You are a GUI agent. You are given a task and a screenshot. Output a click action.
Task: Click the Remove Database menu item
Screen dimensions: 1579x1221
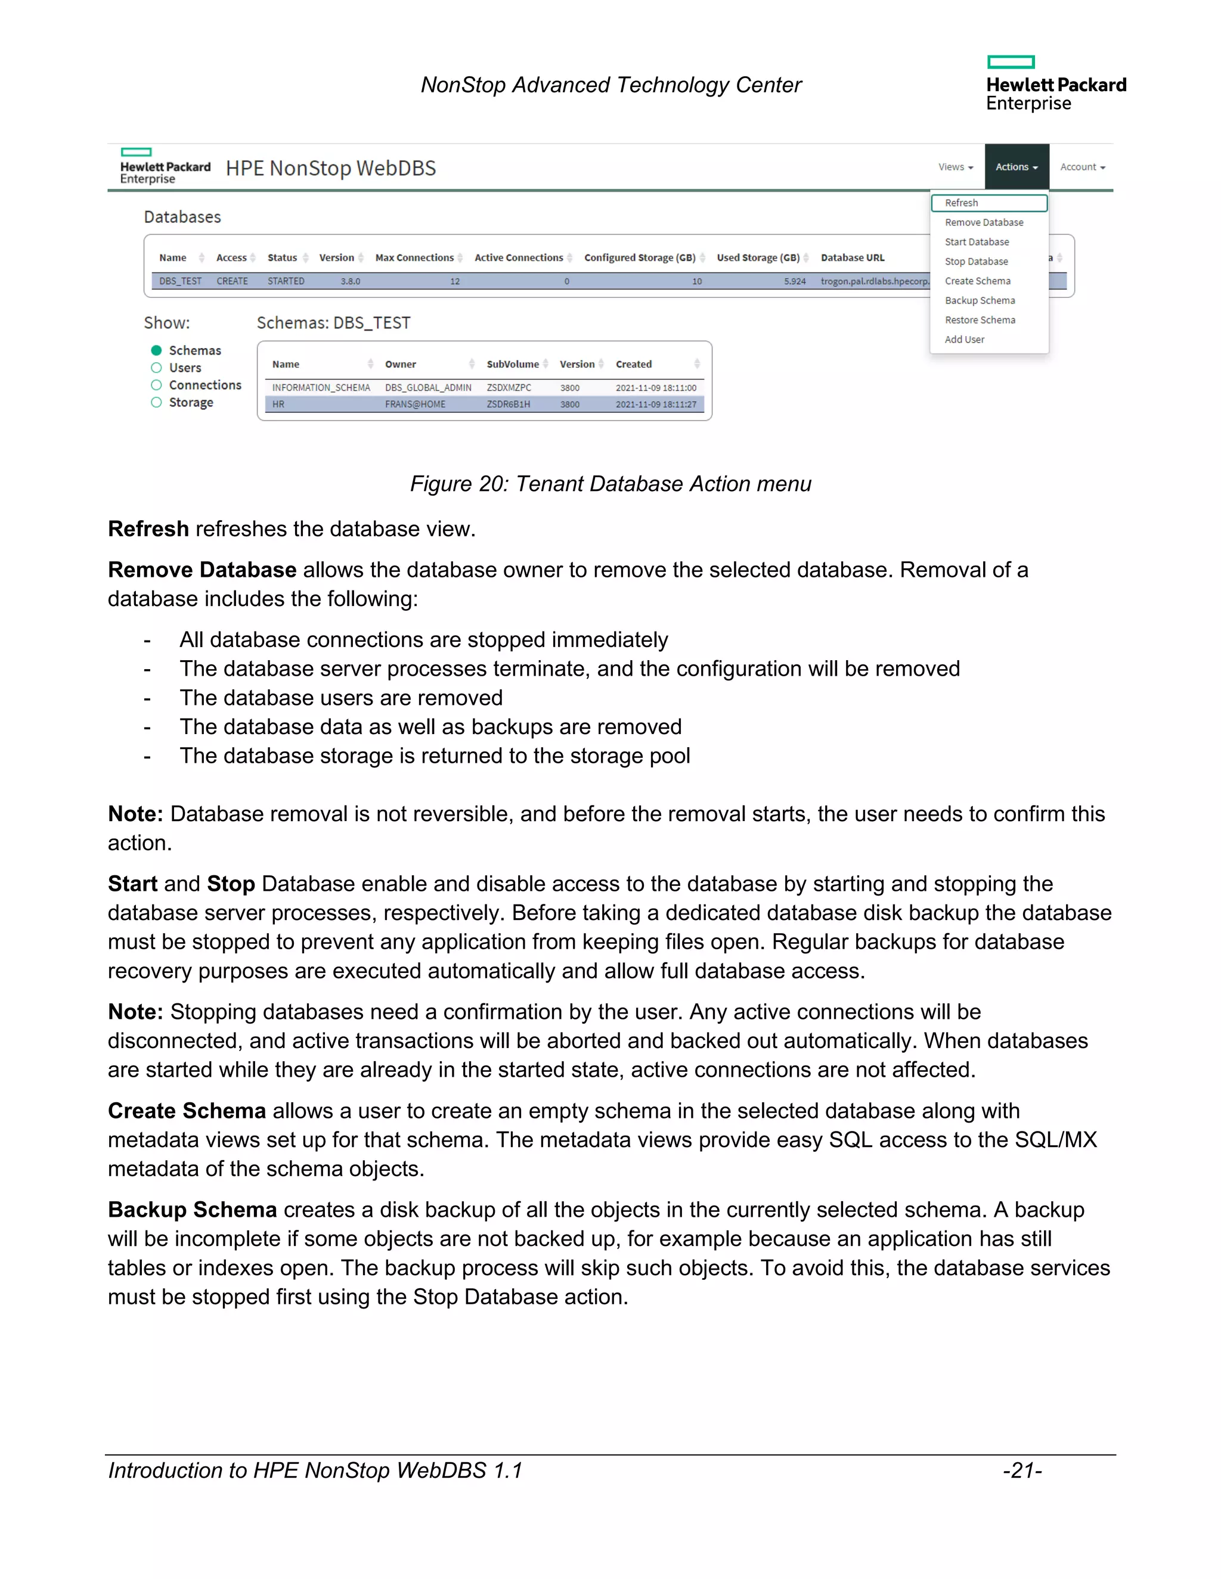pyautogui.click(x=983, y=223)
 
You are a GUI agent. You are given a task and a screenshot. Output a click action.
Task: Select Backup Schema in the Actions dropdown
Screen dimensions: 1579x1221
pyautogui.click(x=980, y=301)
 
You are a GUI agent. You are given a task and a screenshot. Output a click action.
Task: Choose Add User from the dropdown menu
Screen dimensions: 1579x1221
pyautogui.click(x=963, y=340)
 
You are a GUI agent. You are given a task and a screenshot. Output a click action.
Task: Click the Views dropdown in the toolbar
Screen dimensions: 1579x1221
pyautogui.click(x=955, y=167)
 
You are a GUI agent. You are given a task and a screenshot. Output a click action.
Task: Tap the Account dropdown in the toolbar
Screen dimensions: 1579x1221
pyautogui.click(x=1082, y=167)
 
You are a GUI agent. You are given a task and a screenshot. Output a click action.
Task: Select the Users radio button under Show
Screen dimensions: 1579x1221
pyautogui.click(x=156, y=368)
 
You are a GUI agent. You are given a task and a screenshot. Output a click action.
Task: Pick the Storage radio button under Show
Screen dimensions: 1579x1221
pyautogui.click(x=156, y=403)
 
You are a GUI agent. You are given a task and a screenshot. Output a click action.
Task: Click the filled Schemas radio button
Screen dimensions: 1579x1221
pyautogui.click(x=156, y=350)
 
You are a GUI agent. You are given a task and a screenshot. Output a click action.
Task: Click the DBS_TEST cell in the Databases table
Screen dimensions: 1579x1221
pyautogui.click(x=180, y=281)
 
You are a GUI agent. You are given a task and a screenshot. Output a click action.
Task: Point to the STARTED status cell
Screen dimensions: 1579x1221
pyautogui.click(x=286, y=281)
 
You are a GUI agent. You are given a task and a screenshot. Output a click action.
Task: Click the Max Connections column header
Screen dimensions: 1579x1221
pyautogui.click(x=414, y=258)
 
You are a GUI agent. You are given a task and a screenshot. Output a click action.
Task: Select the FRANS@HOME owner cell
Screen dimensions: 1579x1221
pyautogui.click(x=414, y=405)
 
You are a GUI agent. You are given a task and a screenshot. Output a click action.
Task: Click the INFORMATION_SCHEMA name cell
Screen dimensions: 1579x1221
pyautogui.click(x=320, y=388)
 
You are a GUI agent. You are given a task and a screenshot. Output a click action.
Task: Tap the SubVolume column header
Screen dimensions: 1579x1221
pyautogui.click(x=512, y=365)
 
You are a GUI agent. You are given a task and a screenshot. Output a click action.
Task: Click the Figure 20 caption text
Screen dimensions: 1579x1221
pyautogui.click(x=610, y=484)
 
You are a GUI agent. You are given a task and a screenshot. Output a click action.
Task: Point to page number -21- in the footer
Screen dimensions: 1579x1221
pyautogui.click(x=1021, y=1471)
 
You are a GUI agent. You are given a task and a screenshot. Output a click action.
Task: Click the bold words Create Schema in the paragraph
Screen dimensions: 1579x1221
pyautogui.click(x=187, y=1111)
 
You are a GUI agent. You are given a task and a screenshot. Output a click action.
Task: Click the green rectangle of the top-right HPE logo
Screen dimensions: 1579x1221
pyautogui.click(x=1011, y=62)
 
